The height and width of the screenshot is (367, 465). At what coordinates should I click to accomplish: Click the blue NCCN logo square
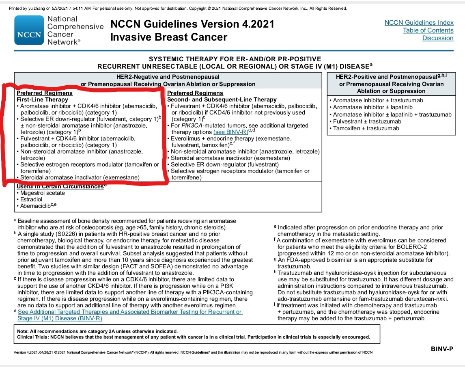point(29,30)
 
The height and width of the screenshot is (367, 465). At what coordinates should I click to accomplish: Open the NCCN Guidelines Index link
point(419,23)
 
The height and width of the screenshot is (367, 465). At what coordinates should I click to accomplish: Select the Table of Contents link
point(428,30)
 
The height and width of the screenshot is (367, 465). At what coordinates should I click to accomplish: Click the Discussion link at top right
point(437,38)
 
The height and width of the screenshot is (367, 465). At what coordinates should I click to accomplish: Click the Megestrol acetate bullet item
point(42,193)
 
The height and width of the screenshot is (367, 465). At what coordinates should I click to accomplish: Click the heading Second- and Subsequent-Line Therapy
point(222,99)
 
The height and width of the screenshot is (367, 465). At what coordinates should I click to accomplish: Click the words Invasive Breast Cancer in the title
point(168,37)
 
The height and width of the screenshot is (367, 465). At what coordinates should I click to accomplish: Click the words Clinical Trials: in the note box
point(31,337)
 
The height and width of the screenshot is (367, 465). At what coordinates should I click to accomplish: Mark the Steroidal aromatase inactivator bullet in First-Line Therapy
point(80,177)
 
